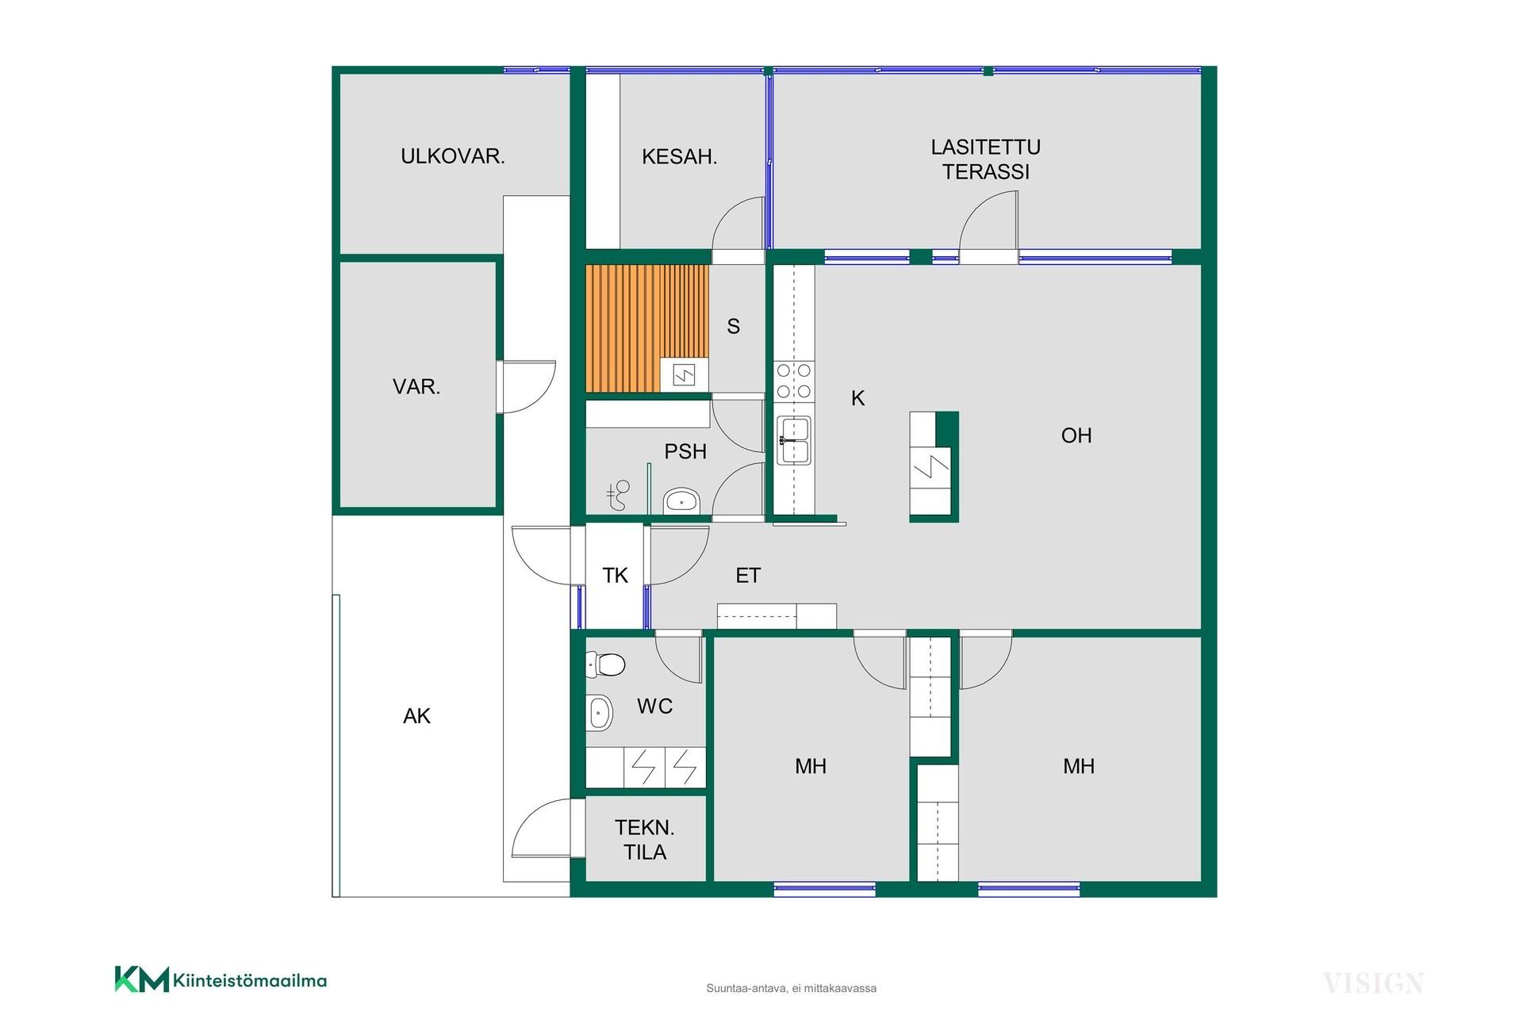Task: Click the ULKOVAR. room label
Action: coord(453,156)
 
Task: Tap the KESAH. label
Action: coord(679,157)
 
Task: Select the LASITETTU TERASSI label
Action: coord(986,159)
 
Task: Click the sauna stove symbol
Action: coord(684,374)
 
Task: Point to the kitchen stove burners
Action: coord(794,381)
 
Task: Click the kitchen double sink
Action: coord(794,440)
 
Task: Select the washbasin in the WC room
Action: coord(600,713)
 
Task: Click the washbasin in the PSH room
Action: coord(681,501)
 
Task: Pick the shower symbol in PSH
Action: coord(618,496)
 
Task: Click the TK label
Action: coord(615,576)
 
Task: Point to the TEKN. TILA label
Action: coord(645,840)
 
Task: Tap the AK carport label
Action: coord(416,716)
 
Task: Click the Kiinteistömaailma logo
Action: coord(221,979)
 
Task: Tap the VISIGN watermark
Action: coord(1373,984)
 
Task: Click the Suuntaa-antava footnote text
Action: coord(791,988)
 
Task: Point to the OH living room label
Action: coord(1076,435)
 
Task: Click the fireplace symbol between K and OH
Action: coord(934,467)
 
